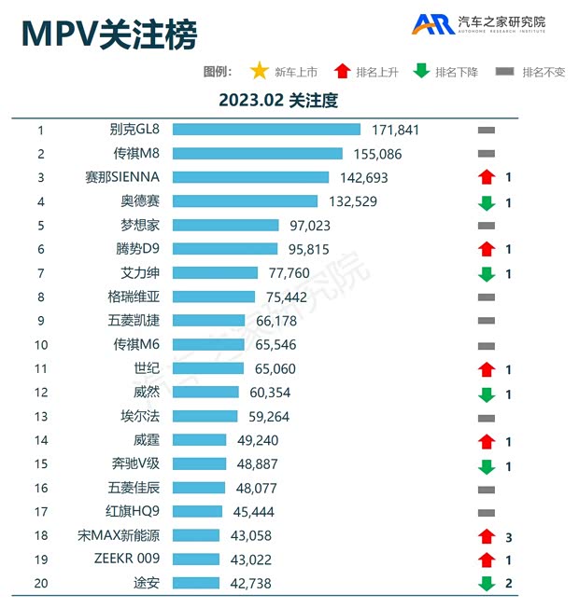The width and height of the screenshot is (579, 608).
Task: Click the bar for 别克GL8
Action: coord(266,130)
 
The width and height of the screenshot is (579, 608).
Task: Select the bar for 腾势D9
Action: coord(225,249)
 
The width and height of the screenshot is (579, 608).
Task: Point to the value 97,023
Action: coord(310,225)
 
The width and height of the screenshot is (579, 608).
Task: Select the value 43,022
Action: coord(250,559)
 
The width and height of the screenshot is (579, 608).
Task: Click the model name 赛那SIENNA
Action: coord(121,177)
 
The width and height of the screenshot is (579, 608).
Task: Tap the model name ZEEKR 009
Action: coord(127,559)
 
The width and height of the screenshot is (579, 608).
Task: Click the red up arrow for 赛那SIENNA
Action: coord(486,177)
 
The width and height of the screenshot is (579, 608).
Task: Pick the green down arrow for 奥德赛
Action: coord(486,201)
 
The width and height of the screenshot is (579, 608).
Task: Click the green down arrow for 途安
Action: coord(486,583)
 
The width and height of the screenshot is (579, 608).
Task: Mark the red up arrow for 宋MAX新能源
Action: coord(486,535)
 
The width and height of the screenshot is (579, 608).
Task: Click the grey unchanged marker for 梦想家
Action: coord(486,226)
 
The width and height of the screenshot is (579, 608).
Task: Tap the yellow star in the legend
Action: coord(259,71)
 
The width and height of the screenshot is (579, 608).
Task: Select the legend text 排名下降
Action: coord(455,72)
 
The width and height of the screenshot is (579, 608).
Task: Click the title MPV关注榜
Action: coord(109,35)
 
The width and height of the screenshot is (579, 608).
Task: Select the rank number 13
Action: coord(40,416)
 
